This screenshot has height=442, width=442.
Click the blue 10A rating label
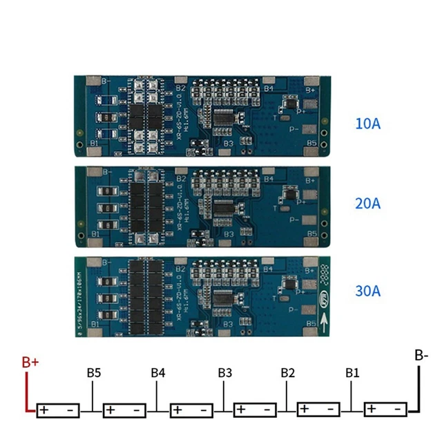[x=367, y=125]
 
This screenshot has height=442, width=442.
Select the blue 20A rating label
[x=367, y=204]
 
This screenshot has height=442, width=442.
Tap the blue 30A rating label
[x=367, y=291]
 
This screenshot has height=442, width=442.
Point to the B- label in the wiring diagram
[x=421, y=356]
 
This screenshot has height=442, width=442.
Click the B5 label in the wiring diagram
[x=95, y=373]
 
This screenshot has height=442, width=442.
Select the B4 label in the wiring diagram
[x=158, y=373]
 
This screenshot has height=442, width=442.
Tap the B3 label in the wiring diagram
[x=224, y=373]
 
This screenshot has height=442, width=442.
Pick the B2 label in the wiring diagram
[x=289, y=373]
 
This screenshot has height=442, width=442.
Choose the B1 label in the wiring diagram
[x=353, y=373]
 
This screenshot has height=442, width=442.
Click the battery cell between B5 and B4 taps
[x=125, y=410]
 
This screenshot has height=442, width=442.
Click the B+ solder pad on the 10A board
[x=310, y=88]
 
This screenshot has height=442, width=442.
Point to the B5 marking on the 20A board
[x=311, y=233]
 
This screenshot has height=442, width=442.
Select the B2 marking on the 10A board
[x=179, y=88]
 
